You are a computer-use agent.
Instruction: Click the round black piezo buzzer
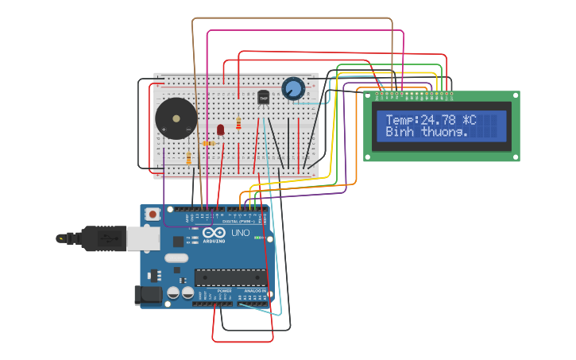(x=176, y=119)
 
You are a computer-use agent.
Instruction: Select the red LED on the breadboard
(x=221, y=130)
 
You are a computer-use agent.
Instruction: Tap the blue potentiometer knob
(x=293, y=87)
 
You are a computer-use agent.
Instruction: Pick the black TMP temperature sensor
(x=264, y=97)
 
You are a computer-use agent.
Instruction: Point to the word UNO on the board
(x=240, y=233)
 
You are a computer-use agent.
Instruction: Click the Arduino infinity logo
(x=214, y=232)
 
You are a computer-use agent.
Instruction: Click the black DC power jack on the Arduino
(x=148, y=296)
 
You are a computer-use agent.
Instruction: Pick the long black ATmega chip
(x=230, y=277)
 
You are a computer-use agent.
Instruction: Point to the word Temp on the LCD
(x=400, y=120)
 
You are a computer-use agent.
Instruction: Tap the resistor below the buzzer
(x=188, y=158)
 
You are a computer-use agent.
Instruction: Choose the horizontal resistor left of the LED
(x=209, y=143)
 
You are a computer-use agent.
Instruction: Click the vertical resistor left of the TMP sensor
(x=239, y=123)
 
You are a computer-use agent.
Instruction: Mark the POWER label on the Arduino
(x=225, y=291)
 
